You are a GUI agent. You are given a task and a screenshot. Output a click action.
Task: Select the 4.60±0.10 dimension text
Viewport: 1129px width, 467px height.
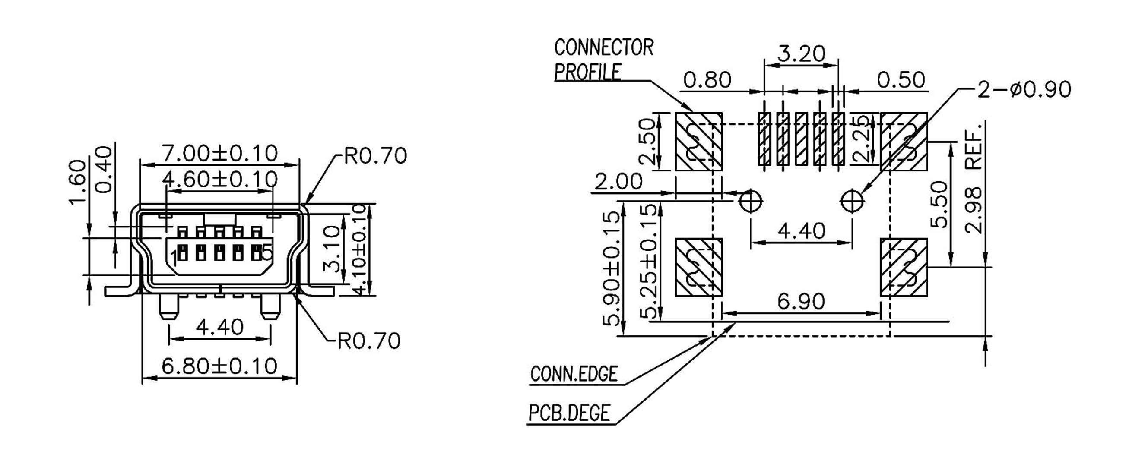[220, 179]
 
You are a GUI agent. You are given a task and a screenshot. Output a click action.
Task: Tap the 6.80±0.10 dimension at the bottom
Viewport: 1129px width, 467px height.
[219, 366]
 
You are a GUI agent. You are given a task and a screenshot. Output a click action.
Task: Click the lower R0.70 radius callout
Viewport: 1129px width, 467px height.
[369, 341]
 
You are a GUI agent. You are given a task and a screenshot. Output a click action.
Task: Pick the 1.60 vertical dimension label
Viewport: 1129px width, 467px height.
[78, 182]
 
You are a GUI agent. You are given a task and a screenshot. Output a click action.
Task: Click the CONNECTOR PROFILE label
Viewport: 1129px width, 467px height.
[603, 60]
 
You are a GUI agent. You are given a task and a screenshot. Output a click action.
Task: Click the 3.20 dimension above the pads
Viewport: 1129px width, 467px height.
[801, 54]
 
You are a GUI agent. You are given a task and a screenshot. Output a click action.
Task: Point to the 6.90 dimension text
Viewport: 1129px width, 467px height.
[801, 301]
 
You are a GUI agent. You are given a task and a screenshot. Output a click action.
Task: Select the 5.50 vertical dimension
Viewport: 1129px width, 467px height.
[939, 205]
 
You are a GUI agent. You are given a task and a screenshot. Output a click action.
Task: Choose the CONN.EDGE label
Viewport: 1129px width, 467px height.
[574, 374]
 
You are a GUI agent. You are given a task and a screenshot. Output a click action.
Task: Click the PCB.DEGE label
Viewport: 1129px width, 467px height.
[569, 413]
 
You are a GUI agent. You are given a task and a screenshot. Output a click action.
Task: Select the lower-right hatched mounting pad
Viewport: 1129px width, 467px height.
[904, 267]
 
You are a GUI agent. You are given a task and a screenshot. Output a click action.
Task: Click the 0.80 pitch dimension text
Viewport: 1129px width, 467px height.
[707, 80]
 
